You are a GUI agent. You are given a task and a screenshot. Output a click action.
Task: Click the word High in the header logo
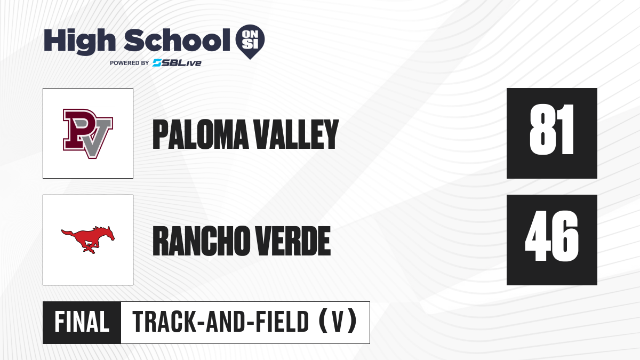click(x=80, y=42)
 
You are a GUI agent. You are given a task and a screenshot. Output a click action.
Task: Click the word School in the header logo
click(x=177, y=40)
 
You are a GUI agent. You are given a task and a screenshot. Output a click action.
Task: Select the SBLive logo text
click(x=177, y=63)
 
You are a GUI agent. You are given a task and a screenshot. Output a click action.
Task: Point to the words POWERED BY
click(x=130, y=63)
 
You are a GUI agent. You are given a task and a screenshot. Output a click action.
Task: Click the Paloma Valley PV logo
click(x=88, y=133)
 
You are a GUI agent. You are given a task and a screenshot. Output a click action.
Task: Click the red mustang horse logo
click(x=88, y=239)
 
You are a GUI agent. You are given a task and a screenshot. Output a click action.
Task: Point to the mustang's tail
click(x=68, y=233)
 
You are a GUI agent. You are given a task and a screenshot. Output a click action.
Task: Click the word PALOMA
click(x=201, y=134)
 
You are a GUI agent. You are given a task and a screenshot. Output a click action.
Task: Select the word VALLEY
click(x=296, y=134)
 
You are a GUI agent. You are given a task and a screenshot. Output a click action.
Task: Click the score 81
click(x=551, y=130)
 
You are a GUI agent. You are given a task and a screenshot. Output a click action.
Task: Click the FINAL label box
click(x=82, y=322)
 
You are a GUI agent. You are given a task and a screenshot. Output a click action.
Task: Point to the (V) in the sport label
click(x=338, y=322)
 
